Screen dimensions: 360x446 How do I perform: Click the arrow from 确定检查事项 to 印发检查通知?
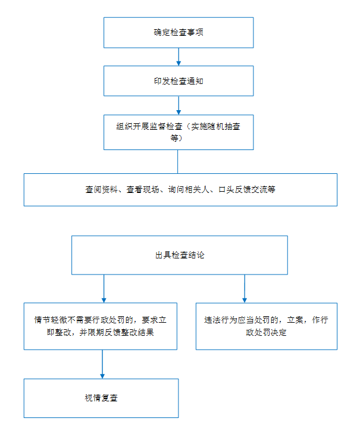click(x=179, y=57)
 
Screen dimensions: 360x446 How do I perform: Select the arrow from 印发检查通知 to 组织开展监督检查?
click(x=179, y=105)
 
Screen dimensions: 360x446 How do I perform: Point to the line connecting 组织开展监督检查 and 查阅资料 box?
click(x=177, y=161)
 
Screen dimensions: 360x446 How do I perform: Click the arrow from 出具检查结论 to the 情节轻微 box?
click(x=104, y=289)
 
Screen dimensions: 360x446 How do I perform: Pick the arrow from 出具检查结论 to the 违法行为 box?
click(x=245, y=289)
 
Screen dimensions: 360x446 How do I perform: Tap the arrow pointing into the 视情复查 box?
click(x=102, y=364)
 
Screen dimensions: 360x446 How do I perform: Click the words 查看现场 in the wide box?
click(x=143, y=189)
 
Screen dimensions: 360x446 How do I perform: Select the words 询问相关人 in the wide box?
click(x=189, y=189)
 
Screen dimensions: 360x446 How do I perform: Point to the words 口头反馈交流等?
click(x=247, y=189)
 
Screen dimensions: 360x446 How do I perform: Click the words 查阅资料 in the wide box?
click(x=101, y=189)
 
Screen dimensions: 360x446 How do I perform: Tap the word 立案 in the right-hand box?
click(x=295, y=320)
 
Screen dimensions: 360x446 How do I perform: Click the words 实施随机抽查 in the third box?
click(x=215, y=126)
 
